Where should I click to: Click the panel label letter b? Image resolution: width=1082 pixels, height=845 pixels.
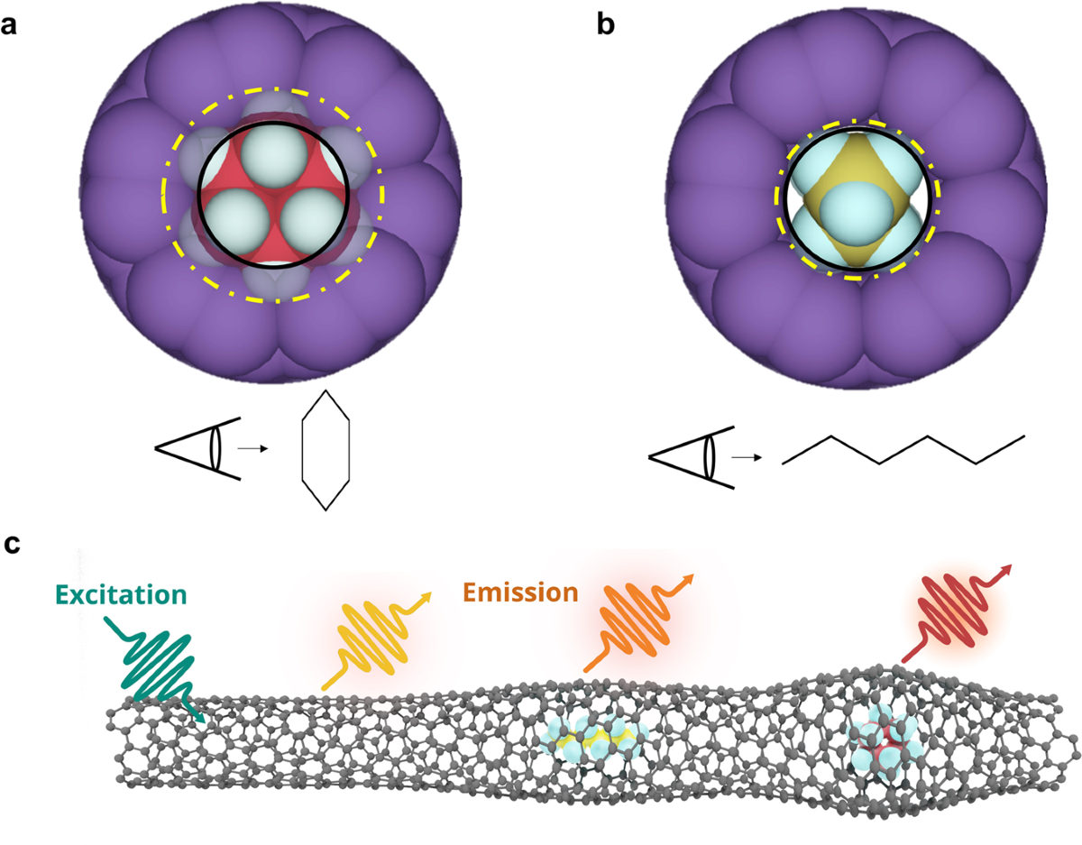pyautogui.click(x=606, y=25)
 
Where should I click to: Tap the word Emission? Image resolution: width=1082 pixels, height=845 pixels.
pyautogui.click(x=520, y=592)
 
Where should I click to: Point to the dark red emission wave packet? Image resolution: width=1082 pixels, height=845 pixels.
pyautogui.click(x=956, y=615)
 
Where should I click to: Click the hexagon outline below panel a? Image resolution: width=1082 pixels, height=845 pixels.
pyautogui.click(x=325, y=451)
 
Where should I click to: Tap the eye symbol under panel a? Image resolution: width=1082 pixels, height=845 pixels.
pyautogui.click(x=198, y=448)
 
